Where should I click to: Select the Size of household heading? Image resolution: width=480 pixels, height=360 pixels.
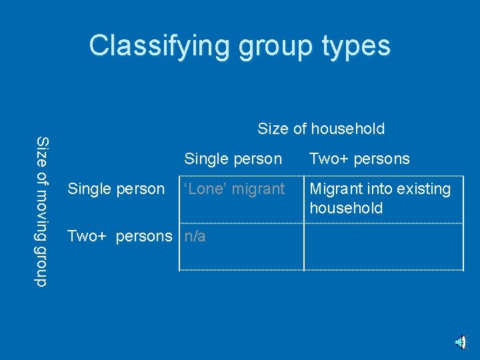tap(321, 129)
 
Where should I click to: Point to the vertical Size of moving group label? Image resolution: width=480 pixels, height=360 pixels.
tap(42, 211)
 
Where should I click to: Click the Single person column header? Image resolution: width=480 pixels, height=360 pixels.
tap(233, 159)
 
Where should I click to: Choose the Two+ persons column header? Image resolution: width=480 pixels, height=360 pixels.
tap(359, 159)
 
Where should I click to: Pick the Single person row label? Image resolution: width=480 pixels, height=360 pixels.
tap(116, 189)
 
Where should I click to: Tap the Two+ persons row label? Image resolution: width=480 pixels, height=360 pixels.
tap(119, 236)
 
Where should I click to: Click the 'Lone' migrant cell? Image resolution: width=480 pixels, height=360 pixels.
tap(234, 189)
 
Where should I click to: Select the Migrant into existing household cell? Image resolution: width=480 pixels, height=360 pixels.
tap(380, 198)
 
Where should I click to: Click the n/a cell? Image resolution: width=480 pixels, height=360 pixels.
tap(195, 236)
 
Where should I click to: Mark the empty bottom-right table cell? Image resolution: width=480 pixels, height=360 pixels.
tap(383, 247)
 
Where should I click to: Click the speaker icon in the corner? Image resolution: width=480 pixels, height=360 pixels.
tap(461, 343)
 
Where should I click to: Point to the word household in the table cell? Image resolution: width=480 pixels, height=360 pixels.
tap(346, 208)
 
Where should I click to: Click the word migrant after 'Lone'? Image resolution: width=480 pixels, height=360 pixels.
tap(259, 189)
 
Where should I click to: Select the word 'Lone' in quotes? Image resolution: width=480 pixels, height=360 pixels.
tap(205, 189)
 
